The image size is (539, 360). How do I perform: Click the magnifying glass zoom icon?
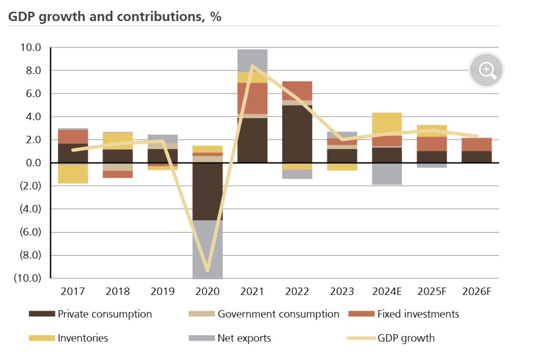coord(487,70)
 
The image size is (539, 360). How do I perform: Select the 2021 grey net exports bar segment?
coord(252,60)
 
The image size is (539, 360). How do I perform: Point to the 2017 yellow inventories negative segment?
coord(73,174)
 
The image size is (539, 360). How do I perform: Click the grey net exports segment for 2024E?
coord(387,174)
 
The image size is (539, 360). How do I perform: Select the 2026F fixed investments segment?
coord(477,145)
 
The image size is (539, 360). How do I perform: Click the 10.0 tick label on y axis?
coord(30,48)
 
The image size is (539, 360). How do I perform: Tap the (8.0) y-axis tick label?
coord(30,255)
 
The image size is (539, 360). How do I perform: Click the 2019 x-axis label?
coord(162,292)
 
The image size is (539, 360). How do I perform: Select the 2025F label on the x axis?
coord(432,292)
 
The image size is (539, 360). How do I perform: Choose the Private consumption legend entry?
coord(104,314)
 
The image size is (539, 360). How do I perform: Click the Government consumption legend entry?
coord(278,314)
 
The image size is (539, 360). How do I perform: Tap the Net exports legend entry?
coord(244,338)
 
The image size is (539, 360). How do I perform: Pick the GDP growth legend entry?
coord(406,338)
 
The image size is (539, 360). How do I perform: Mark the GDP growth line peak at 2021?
coord(252,66)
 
